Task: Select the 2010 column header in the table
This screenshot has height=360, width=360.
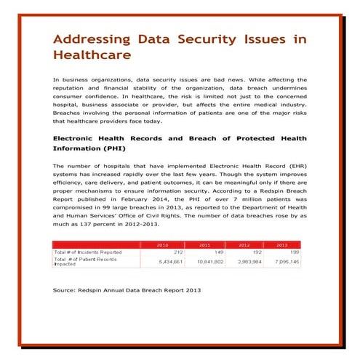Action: [x=163, y=245]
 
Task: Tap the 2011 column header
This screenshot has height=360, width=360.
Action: [x=204, y=245]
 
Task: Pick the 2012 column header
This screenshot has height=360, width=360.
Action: [x=244, y=245]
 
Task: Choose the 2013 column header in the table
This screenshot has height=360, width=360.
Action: [x=282, y=245]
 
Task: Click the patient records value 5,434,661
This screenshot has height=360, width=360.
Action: [x=160, y=260]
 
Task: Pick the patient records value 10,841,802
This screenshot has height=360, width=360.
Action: [x=199, y=260]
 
